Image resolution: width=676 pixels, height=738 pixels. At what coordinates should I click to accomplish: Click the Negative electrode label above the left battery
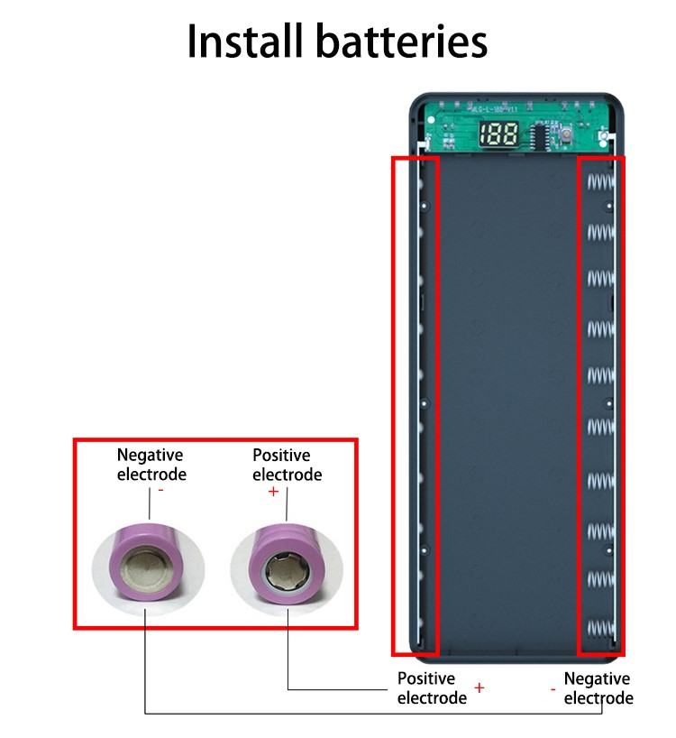point(151,465)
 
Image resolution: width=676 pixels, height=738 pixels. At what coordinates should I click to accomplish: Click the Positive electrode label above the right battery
point(287,465)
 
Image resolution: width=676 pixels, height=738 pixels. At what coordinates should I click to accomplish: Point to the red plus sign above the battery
point(274,492)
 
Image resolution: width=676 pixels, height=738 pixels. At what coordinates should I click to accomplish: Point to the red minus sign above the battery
point(160,490)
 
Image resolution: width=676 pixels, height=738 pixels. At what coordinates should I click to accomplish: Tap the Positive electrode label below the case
point(431,687)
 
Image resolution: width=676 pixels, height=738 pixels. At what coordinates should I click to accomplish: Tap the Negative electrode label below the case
point(597,687)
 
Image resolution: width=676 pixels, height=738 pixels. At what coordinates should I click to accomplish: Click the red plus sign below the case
point(480,687)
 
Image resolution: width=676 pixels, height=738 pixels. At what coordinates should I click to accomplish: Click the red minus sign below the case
point(553,688)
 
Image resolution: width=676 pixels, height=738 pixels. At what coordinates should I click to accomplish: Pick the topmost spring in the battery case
point(600,182)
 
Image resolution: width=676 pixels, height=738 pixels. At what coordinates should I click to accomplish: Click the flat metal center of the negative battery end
point(145,571)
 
